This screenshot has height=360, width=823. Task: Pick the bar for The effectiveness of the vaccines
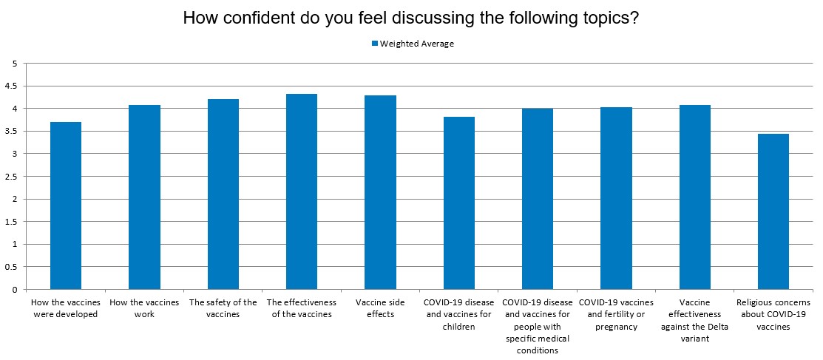tap(302, 191)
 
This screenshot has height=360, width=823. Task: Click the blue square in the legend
tap(374, 44)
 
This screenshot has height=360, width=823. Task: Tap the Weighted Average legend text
tap(417, 44)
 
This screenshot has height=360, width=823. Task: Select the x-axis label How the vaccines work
tap(144, 308)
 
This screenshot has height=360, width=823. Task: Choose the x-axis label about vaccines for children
tap(458, 314)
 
